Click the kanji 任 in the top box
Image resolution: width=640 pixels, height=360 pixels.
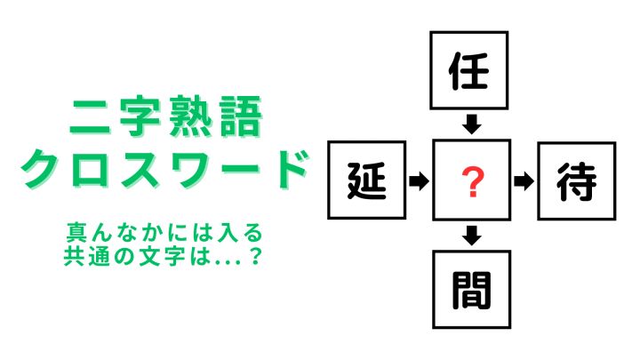468,71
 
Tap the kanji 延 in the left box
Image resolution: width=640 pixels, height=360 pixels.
366,180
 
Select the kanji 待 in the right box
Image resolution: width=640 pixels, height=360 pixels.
576,181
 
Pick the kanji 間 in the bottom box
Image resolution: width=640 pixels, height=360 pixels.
471,290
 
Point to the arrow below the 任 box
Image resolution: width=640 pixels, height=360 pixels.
472,124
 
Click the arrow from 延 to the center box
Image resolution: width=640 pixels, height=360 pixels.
420,180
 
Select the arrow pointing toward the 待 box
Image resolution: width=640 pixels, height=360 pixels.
524,181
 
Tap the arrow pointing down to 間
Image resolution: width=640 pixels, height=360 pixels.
472,236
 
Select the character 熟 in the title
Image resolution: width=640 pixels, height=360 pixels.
189,116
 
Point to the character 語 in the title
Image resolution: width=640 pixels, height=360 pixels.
241,116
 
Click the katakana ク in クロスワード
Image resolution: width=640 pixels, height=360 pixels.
41,169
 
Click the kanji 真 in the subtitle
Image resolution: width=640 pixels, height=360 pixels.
76,233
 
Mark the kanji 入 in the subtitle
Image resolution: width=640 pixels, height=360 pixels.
227,233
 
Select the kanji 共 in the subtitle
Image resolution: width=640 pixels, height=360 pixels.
74,257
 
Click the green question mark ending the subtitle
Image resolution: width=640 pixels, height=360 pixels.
255,257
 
